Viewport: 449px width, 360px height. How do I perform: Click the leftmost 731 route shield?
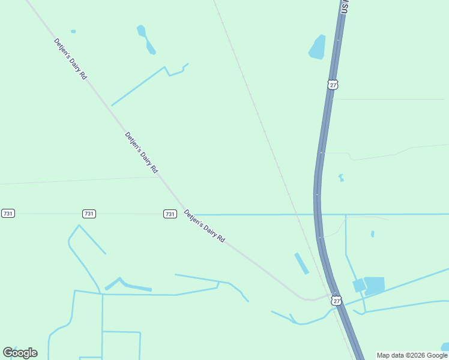click(8, 214)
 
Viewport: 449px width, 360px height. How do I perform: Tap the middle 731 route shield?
click(89, 214)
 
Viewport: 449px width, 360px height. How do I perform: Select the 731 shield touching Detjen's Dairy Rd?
click(170, 214)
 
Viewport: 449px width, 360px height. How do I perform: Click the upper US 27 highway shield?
click(333, 85)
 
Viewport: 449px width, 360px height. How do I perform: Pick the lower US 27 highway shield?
click(336, 301)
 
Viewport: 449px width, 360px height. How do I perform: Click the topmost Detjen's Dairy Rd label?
click(70, 59)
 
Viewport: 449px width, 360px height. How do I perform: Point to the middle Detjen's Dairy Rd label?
click(141, 152)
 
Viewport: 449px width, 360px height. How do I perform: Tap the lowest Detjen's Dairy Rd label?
click(204, 226)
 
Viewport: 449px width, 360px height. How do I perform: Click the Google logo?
click(20, 353)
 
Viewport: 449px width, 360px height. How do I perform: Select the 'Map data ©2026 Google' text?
click(412, 355)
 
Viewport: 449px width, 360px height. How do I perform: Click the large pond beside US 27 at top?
click(317, 47)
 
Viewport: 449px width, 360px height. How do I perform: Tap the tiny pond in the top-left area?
click(73, 31)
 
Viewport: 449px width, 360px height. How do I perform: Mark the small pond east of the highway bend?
click(341, 178)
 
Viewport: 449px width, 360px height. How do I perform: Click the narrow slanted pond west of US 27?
click(301, 263)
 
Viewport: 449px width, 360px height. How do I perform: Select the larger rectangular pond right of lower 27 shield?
click(375, 285)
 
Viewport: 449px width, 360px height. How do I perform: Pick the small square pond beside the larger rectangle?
click(359, 286)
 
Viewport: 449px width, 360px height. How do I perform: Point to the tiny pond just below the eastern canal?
click(372, 234)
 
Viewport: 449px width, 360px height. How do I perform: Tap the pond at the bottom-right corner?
click(445, 347)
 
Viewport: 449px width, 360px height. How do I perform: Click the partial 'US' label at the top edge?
click(345, 7)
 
